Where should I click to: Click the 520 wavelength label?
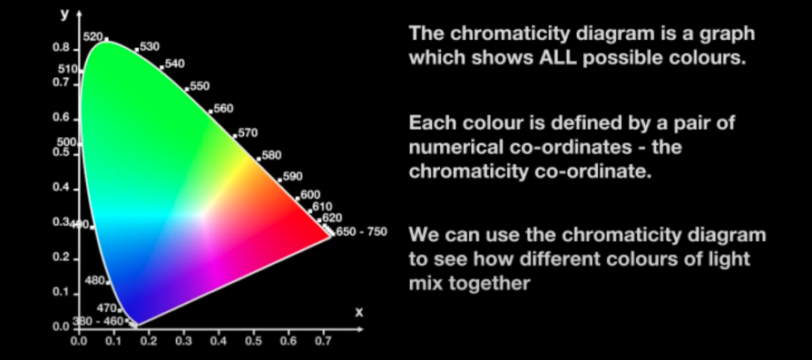(x=93, y=36)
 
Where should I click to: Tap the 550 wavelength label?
(x=200, y=86)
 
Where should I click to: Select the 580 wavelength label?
(x=272, y=155)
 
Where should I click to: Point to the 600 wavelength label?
(x=310, y=194)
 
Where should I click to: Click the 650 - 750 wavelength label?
(x=361, y=232)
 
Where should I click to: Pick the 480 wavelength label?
(x=94, y=281)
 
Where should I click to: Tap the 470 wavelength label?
(x=107, y=308)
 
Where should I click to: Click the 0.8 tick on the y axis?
(x=76, y=50)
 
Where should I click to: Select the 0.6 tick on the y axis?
(x=76, y=120)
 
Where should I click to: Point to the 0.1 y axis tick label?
(x=61, y=292)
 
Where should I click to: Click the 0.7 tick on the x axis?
(x=324, y=330)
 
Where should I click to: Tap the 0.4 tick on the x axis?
(x=219, y=330)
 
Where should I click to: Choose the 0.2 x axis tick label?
(x=149, y=341)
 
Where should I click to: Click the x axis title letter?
(x=359, y=313)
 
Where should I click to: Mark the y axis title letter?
(x=64, y=15)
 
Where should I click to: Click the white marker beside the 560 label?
(x=210, y=112)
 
